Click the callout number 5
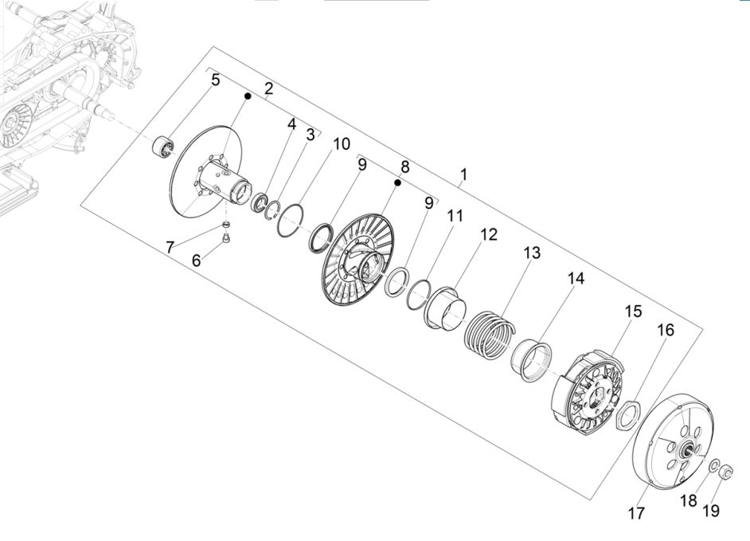coord(216,80)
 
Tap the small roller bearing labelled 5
coord(162,146)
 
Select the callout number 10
coord(341,143)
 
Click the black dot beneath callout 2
coord(248,96)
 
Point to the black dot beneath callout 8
coord(396,183)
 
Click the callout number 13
coord(531,253)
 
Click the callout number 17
coord(636,514)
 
